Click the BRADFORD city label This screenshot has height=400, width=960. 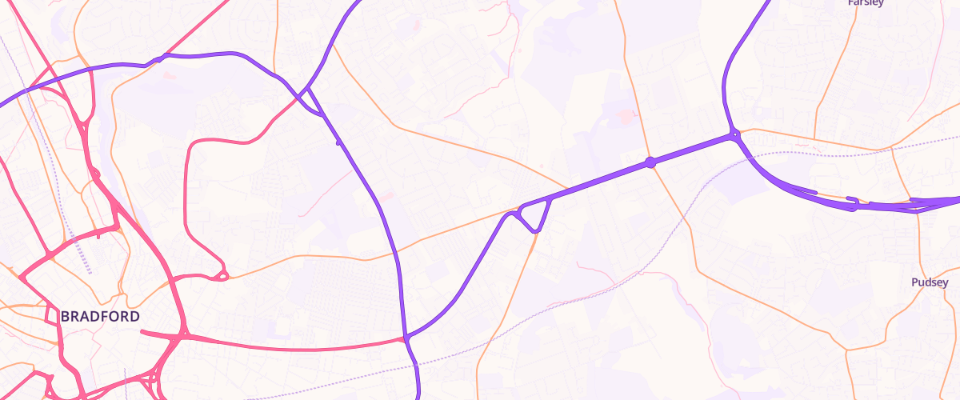click(x=100, y=317)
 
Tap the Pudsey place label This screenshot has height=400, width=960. click(x=930, y=282)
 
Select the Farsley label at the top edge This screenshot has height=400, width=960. click(x=866, y=3)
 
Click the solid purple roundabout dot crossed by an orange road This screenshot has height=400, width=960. click(x=650, y=162)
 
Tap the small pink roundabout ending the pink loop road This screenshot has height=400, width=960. click(x=223, y=276)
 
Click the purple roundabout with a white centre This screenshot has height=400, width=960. click(x=734, y=137)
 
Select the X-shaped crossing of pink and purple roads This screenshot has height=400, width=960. click(x=306, y=95)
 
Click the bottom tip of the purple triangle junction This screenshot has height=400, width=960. click(x=535, y=231)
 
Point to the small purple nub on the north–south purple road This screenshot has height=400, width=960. click(x=339, y=142)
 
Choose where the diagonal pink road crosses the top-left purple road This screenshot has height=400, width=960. click(x=163, y=58)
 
